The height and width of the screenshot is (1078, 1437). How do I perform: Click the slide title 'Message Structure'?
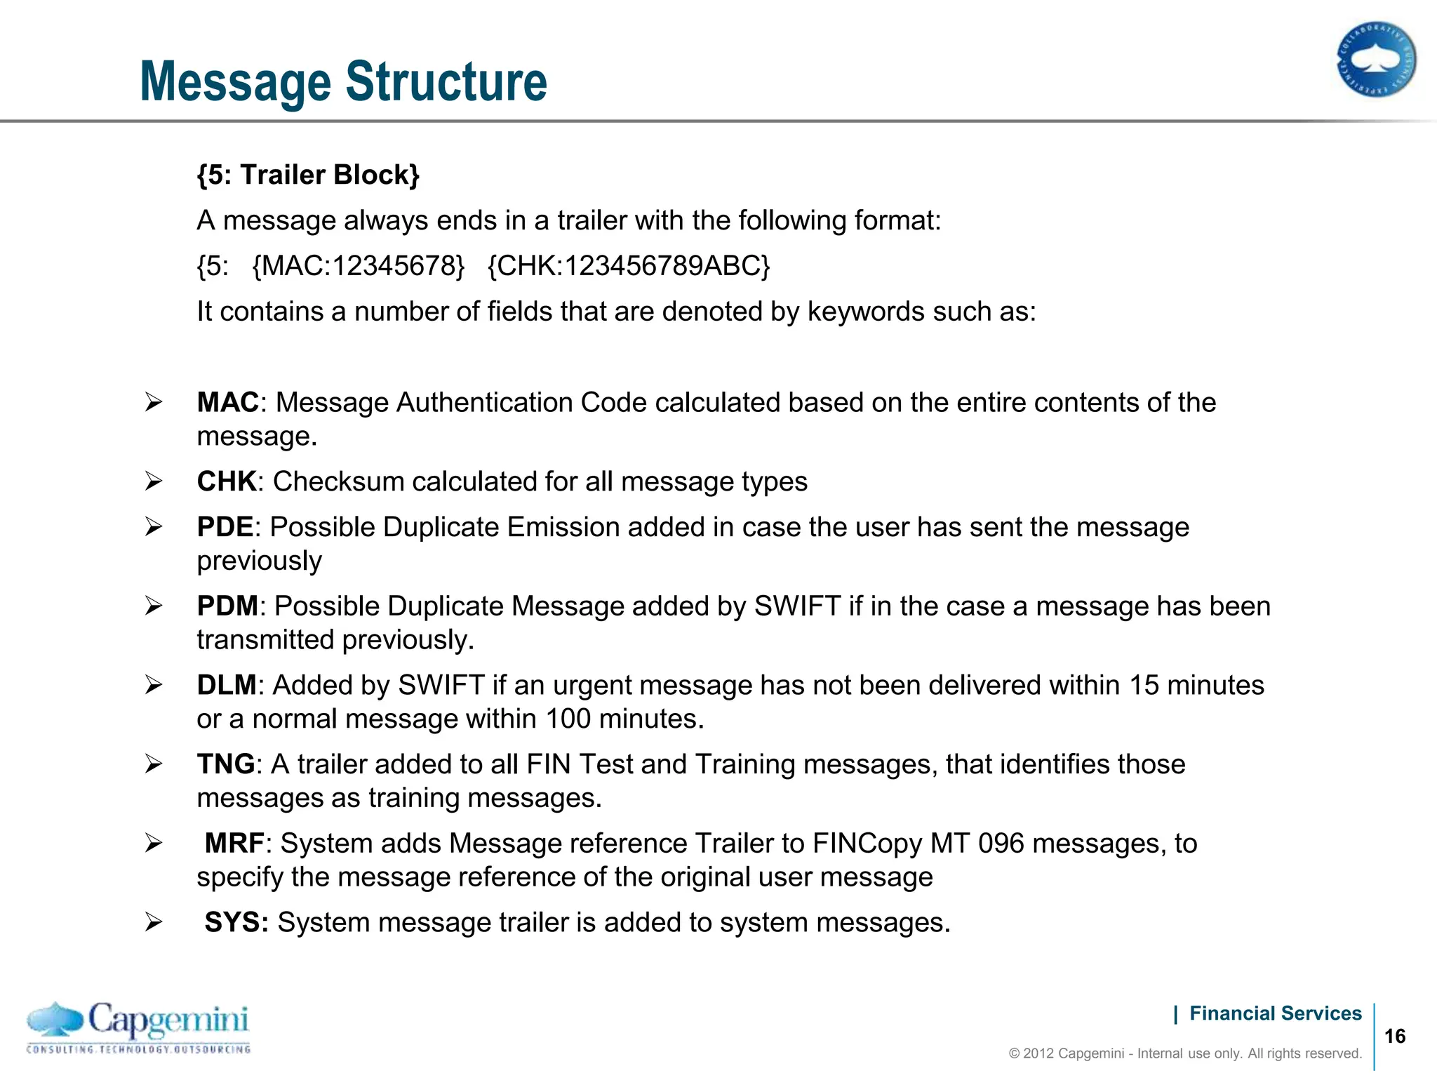[343, 81]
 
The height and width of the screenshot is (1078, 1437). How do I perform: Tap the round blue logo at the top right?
[1376, 60]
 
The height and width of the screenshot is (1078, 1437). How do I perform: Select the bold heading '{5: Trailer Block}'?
[308, 175]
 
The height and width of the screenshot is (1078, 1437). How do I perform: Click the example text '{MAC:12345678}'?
[358, 266]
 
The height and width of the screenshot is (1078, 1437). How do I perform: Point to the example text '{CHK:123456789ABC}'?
[629, 266]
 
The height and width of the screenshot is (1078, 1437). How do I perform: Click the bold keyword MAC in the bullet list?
[228, 403]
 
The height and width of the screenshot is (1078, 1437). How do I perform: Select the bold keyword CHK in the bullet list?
[227, 482]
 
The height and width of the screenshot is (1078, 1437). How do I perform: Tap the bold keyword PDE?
[225, 527]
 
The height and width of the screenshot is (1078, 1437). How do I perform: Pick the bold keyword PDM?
[227, 606]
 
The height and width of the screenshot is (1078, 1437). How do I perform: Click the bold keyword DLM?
[227, 686]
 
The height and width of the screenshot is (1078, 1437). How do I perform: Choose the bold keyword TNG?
[225, 764]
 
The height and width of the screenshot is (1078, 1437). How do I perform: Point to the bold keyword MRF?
[234, 844]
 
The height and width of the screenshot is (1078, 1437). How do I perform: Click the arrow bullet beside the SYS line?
[154, 922]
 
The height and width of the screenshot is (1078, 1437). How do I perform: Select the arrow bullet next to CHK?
[154, 481]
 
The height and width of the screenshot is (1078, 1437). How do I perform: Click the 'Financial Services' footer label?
[1275, 1013]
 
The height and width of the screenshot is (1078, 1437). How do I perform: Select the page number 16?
[1395, 1037]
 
